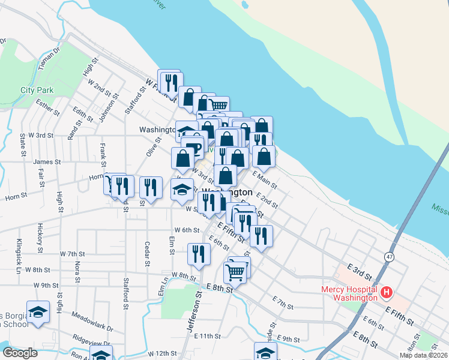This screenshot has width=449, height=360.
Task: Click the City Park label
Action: tap(37, 90)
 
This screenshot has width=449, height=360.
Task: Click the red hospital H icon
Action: tap(387, 293)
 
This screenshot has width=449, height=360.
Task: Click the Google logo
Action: tap(20, 353)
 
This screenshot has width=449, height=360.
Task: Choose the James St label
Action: tap(47, 161)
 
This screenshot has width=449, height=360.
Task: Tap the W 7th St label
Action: tap(73, 254)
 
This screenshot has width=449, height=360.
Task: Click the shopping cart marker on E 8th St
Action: tap(235, 273)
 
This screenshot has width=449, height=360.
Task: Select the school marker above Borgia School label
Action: tap(38, 312)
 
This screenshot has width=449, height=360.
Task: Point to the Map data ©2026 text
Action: tap(423, 355)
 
